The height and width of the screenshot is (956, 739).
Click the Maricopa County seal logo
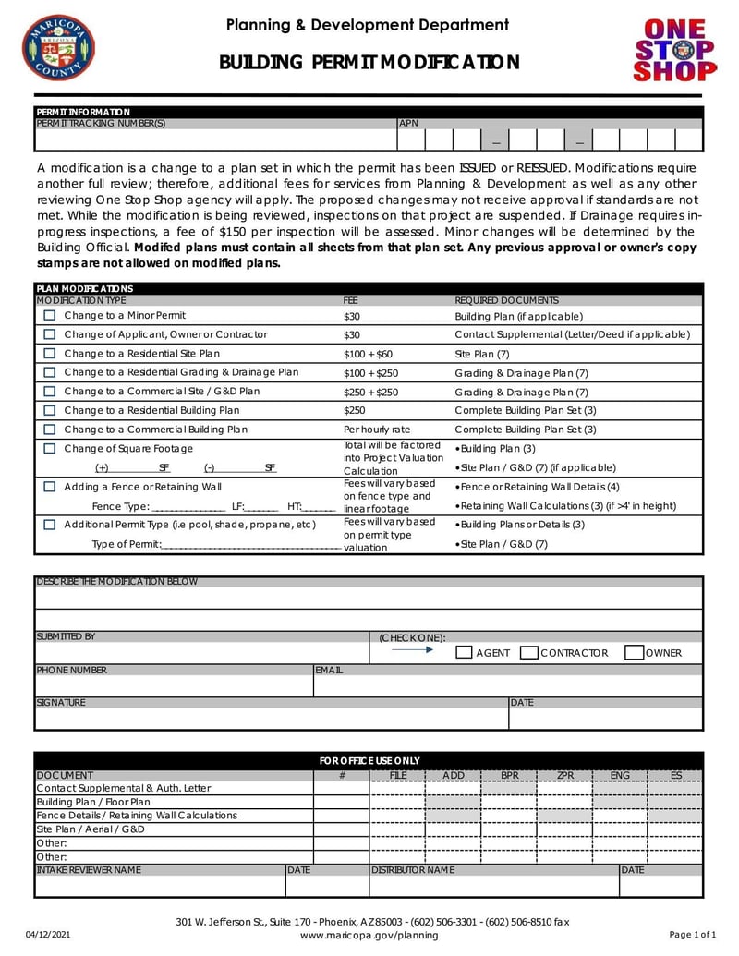(x=58, y=47)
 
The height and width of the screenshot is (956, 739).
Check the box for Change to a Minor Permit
(x=50, y=316)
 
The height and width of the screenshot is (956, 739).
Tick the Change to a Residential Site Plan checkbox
(x=50, y=354)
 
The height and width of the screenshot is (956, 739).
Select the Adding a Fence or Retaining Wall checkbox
(x=50, y=487)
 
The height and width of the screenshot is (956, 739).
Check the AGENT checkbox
(x=466, y=653)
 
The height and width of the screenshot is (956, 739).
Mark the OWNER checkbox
(x=634, y=653)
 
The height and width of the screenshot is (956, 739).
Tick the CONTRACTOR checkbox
(x=529, y=653)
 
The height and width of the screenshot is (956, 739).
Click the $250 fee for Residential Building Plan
(x=354, y=410)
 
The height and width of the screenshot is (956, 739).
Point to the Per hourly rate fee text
(x=376, y=430)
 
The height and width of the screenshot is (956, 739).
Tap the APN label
(x=408, y=123)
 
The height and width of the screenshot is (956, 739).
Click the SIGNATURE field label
(x=61, y=703)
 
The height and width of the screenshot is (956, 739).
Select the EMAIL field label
(x=329, y=671)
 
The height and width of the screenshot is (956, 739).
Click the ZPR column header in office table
(x=565, y=775)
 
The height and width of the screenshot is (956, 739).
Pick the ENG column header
(x=620, y=775)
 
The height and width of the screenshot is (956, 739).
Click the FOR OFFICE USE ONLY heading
(x=369, y=760)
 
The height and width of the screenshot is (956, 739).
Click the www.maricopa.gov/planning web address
(x=369, y=935)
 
